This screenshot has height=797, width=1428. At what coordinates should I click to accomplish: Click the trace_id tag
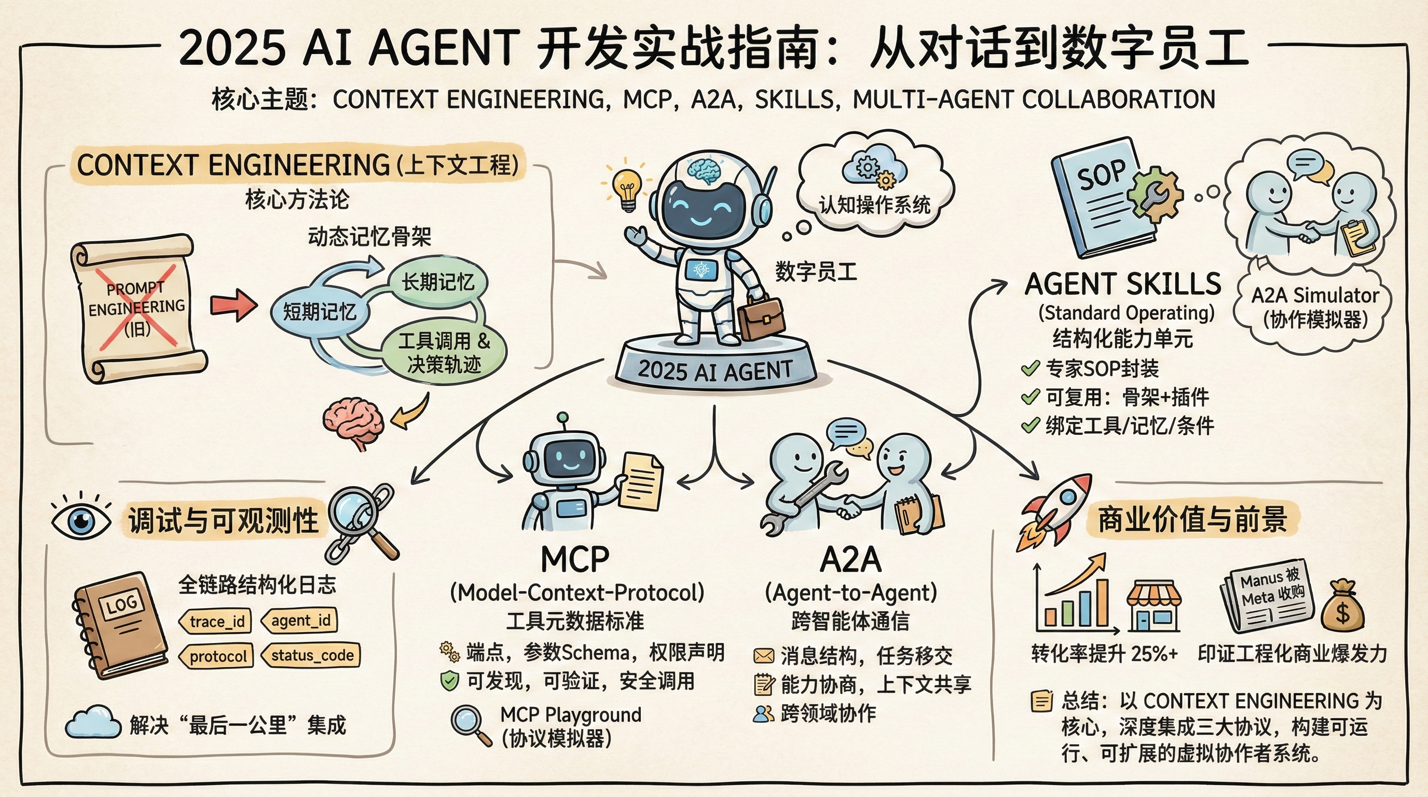216,621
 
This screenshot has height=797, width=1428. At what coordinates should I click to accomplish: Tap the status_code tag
311,656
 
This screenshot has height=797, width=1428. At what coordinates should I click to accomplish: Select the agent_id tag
300,620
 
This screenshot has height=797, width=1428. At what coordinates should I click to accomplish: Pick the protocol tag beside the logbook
217,656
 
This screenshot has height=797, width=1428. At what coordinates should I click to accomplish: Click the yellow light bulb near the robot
627,189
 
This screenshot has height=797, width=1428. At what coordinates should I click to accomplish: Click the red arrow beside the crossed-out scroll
234,305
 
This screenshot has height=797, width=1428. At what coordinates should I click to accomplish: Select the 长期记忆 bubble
438,283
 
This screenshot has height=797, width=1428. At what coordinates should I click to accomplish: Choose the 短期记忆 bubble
320,312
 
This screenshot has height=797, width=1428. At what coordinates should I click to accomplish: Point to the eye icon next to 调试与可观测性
81,520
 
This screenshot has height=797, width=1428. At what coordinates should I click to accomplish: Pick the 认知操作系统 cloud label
874,205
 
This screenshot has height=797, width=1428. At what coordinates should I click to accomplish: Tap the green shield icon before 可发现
449,681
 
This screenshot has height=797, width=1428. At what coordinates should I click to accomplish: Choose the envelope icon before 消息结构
763,656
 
